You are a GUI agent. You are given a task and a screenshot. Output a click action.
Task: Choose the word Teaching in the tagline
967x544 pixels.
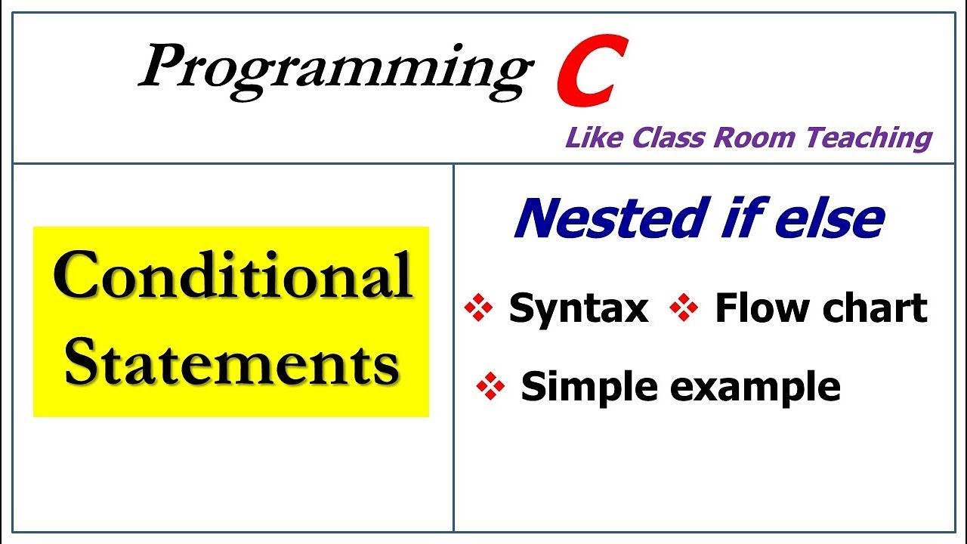[868, 138]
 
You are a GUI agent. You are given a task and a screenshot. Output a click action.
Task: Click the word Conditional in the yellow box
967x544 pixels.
[233, 276]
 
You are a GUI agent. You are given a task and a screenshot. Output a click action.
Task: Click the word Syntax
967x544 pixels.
[578, 309]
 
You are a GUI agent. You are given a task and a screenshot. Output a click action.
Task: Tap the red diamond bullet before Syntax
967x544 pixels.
[477, 309]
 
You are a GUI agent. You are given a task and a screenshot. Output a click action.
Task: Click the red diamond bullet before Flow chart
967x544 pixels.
[684, 309]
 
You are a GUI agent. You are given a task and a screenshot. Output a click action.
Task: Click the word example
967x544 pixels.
[755, 388]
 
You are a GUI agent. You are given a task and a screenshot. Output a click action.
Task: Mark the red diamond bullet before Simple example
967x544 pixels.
[490, 388]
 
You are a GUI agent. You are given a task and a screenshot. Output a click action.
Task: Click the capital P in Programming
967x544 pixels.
[162, 67]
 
